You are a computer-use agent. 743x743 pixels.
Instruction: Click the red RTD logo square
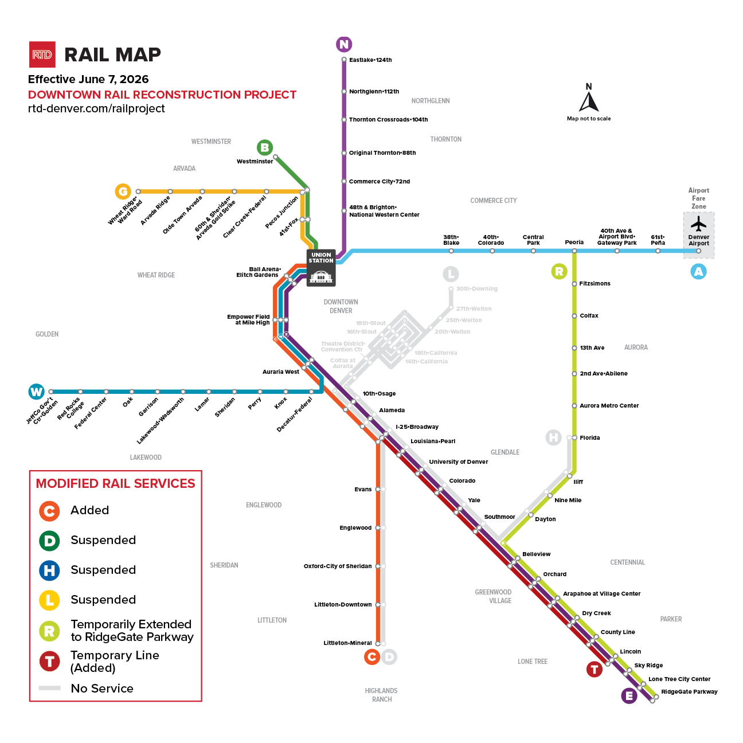point(42,54)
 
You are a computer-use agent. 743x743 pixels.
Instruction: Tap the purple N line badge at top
point(344,44)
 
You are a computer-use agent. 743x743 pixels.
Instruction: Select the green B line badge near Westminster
point(264,147)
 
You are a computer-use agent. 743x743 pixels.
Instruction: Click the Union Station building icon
point(321,276)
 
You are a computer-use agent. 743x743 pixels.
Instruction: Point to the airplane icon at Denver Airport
point(698,224)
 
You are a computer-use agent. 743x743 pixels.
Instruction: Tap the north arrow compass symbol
point(589,101)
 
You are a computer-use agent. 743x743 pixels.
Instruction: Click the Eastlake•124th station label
point(370,60)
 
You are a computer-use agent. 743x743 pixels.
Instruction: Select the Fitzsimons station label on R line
point(595,284)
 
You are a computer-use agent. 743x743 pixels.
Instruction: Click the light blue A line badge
point(698,272)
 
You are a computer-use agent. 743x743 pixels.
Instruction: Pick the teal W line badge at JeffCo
point(36,392)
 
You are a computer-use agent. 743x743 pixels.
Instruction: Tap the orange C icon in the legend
point(49,511)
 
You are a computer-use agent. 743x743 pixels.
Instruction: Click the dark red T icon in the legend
point(49,661)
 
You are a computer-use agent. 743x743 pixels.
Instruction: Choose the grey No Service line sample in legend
point(50,688)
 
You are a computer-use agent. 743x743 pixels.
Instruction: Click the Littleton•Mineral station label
point(347,643)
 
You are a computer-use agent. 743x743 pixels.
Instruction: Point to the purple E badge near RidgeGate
point(629,696)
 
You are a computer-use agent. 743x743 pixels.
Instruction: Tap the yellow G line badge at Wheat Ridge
point(123,191)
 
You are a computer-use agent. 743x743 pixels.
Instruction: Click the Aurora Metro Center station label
point(609,406)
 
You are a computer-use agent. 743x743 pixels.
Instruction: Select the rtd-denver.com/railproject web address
point(96,109)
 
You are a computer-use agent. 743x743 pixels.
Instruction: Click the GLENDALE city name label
point(505,452)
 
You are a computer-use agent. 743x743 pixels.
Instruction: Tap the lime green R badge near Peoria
point(559,271)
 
